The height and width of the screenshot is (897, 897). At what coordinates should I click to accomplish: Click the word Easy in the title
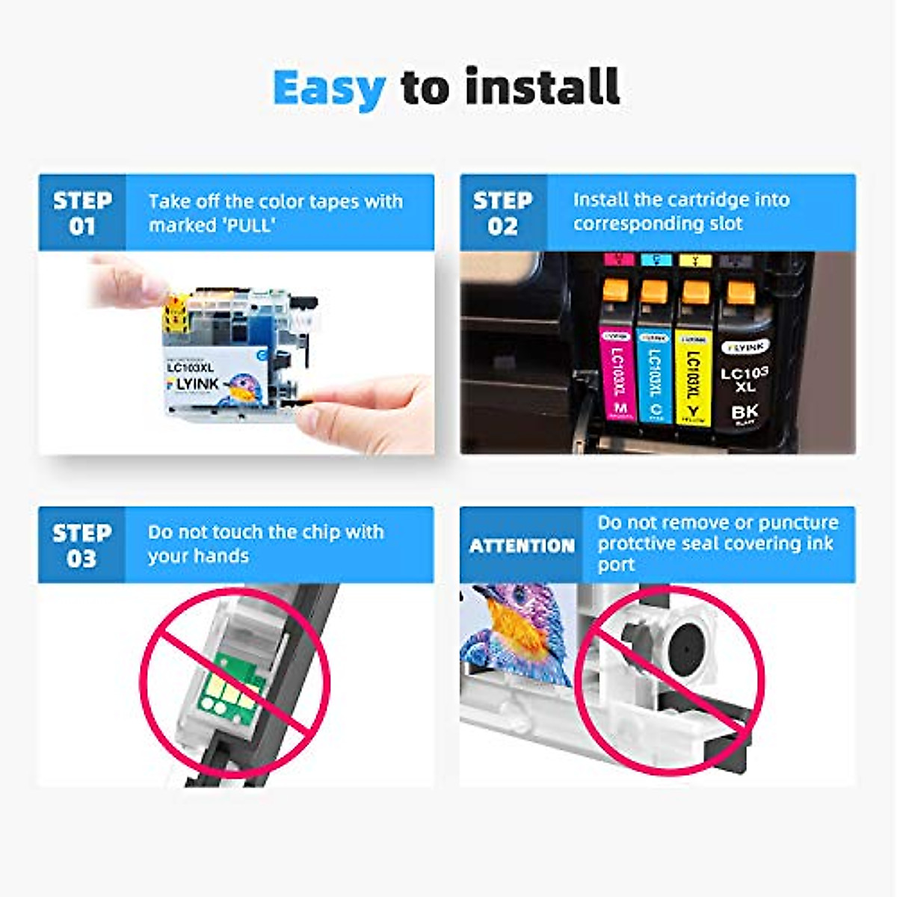tap(329, 88)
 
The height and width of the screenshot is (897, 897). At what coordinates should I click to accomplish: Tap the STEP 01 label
tap(82, 213)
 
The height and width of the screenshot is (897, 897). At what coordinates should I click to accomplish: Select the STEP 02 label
tap(503, 213)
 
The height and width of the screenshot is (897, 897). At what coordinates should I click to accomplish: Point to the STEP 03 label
tap(82, 546)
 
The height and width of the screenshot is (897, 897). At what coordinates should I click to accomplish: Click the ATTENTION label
tap(522, 546)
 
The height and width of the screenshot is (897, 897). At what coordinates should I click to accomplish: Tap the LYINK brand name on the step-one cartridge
tap(193, 383)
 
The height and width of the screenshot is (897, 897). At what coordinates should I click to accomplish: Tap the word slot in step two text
tap(724, 224)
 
